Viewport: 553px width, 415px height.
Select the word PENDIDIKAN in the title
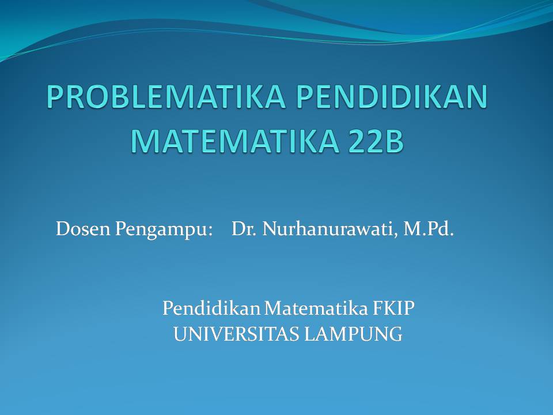pos(392,97)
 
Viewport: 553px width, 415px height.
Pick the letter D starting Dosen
pos(62,229)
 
